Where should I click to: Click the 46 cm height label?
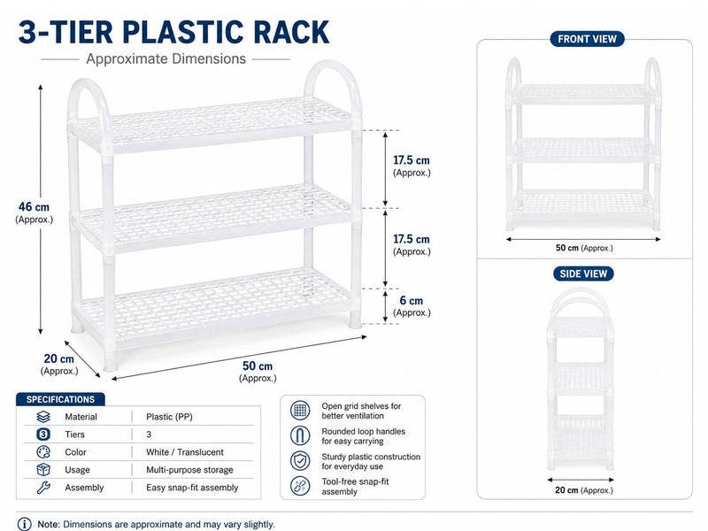click(34, 212)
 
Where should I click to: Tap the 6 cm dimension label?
click(412, 305)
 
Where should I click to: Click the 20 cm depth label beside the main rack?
click(59, 364)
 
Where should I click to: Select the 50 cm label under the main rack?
click(258, 371)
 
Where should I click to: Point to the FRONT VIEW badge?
click(587, 39)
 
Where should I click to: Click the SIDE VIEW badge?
click(583, 273)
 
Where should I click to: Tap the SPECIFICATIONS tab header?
click(60, 399)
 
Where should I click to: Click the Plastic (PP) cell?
click(169, 417)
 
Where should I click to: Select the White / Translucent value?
click(185, 452)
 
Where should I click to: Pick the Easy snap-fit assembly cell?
click(192, 488)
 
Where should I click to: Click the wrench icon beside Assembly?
click(43, 488)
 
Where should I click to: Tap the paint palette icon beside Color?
click(43, 452)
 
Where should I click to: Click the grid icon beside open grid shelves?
click(300, 411)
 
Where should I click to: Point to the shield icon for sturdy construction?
click(300, 461)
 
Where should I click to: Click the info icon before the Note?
click(25, 524)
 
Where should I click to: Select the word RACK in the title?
click(291, 32)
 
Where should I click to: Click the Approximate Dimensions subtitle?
click(166, 58)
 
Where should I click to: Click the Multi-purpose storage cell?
click(189, 470)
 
